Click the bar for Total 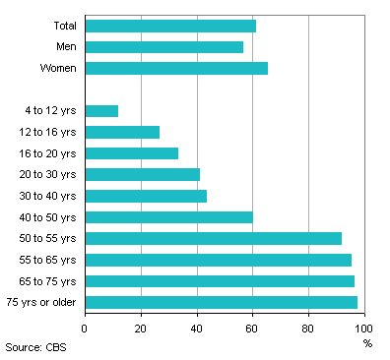coord(170,26)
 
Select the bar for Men coord(164,46)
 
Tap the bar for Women coord(176,68)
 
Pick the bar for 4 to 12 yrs coord(101,110)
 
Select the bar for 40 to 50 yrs coord(168,216)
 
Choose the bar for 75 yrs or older coord(221,302)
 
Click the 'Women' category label coord(59,68)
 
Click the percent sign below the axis coord(367,343)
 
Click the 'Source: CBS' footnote coord(35,347)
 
